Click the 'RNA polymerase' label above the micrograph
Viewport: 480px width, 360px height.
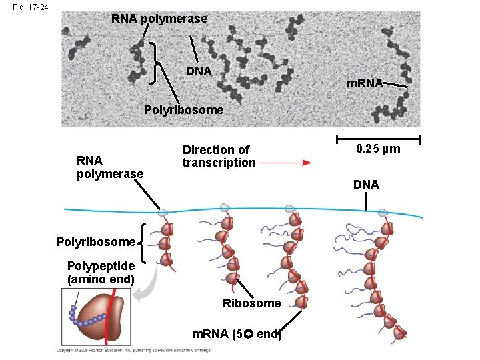[159, 19]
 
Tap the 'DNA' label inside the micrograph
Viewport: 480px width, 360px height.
[199, 71]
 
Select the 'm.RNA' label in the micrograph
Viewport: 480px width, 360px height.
[365, 83]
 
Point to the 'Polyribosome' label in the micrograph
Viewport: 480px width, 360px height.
[184, 109]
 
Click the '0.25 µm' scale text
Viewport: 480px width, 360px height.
[378, 149]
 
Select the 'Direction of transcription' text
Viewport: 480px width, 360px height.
[219, 156]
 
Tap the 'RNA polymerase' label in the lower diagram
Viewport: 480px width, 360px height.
[110, 167]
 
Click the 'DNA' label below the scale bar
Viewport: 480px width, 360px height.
[366, 185]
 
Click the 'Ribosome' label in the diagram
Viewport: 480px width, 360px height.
[251, 303]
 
